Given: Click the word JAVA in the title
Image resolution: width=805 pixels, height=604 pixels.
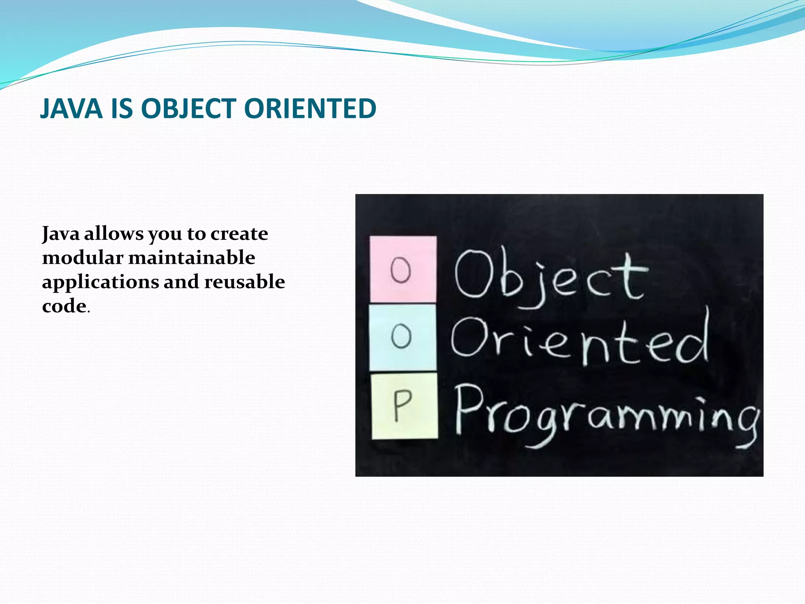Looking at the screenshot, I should (x=71, y=109).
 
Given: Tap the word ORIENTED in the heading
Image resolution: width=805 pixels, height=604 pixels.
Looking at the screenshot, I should (x=310, y=109).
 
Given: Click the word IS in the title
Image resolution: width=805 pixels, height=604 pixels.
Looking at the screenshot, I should (x=122, y=109).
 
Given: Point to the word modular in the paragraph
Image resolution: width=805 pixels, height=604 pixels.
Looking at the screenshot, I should (x=83, y=258).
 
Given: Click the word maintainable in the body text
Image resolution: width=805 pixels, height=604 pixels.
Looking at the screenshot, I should (x=192, y=258).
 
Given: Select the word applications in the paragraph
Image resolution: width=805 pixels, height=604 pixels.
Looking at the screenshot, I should (x=101, y=282).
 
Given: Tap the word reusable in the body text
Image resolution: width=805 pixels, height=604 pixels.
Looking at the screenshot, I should (x=244, y=282).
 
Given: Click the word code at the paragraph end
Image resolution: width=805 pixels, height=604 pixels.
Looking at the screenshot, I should (x=64, y=306).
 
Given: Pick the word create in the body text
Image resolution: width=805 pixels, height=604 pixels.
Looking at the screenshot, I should (x=239, y=234).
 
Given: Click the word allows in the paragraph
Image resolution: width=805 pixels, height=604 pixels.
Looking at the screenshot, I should (x=114, y=234).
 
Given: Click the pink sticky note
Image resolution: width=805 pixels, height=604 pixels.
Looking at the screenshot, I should (x=403, y=269).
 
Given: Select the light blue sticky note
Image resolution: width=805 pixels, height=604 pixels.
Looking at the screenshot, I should (x=403, y=337).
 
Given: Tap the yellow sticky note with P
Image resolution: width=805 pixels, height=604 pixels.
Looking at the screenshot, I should (x=404, y=406).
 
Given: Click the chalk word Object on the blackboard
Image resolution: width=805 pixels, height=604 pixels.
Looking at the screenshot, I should (x=550, y=277).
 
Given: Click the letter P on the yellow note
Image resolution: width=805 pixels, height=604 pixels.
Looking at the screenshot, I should (x=402, y=405).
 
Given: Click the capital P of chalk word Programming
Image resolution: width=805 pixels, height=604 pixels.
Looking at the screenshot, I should (x=470, y=409).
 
